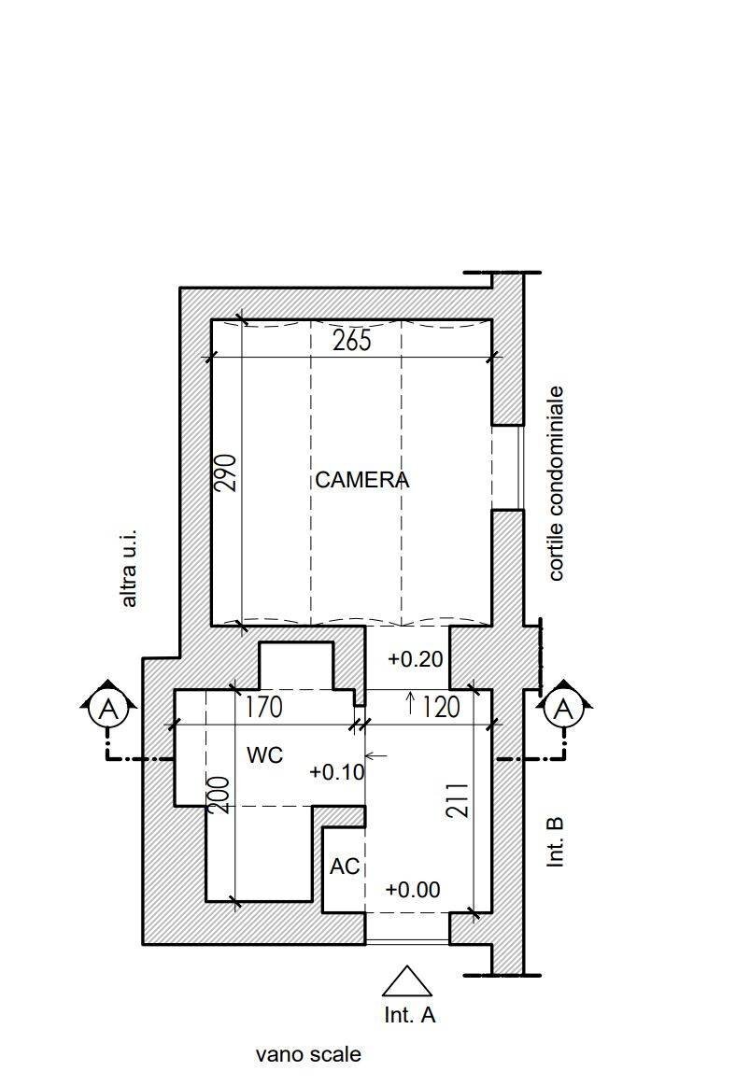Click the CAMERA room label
pyautogui.click(x=361, y=480)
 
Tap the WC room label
pyautogui.click(x=265, y=755)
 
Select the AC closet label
pyautogui.click(x=345, y=866)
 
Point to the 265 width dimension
pyautogui.click(x=351, y=341)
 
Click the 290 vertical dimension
pyautogui.click(x=226, y=472)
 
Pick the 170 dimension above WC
pyautogui.click(x=263, y=707)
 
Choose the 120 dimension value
pyautogui.click(x=441, y=707)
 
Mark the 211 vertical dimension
pyautogui.click(x=458, y=800)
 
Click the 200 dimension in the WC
pyautogui.click(x=219, y=795)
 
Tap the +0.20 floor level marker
pyautogui.click(x=415, y=659)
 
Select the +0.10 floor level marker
pyautogui.click(x=337, y=771)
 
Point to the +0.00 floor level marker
pyautogui.click(x=413, y=889)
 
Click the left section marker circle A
pyautogui.click(x=108, y=708)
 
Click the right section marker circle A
pyautogui.click(x=564, y=708)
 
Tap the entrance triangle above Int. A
pyautogui.click(x=407, y=981)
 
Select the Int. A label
pyautogui.click(x=410, y=1014)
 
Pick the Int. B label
pyautogui.click(x=556, y=842)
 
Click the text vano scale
pyautogui.click(x=308, y=1054)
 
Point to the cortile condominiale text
pyautogui.click(x=557, y=483)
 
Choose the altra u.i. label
pyautogui.click(x=129, y=569)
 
